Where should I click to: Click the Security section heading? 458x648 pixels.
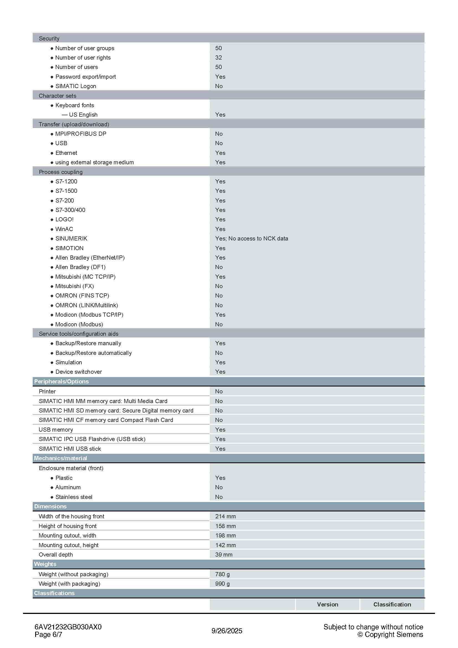49,39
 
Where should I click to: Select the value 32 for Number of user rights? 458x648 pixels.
218,58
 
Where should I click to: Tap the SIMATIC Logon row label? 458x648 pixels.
76,86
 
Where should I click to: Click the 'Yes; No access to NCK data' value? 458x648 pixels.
251,239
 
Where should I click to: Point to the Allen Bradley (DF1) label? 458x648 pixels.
80,267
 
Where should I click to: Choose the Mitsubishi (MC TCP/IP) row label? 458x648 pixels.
85,276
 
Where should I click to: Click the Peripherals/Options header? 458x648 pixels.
61,381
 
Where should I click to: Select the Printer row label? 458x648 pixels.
47,391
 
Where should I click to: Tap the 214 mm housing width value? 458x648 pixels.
225,516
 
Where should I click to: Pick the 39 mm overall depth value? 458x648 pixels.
224,555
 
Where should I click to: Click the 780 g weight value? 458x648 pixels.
222,574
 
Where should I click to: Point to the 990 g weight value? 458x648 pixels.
222,584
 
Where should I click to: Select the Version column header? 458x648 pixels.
327,605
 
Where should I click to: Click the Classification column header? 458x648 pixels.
392,605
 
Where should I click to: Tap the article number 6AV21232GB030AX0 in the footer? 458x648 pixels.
68,627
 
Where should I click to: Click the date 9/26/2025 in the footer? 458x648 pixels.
227,631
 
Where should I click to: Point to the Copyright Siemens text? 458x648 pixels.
391,634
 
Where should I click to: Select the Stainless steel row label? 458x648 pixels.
74,497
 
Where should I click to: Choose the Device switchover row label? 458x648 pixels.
78,372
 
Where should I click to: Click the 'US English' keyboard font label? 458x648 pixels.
83,115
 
